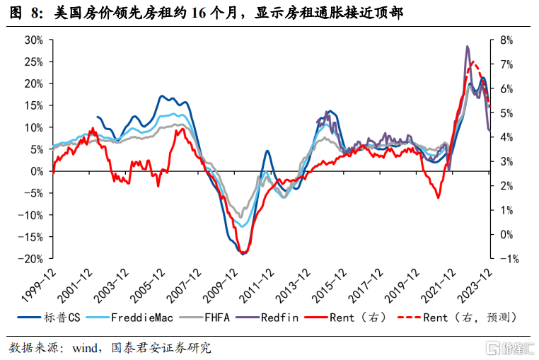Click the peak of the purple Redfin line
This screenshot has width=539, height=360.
468,47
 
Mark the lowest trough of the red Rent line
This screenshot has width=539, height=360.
243,253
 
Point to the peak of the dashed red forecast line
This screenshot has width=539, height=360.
473,63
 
